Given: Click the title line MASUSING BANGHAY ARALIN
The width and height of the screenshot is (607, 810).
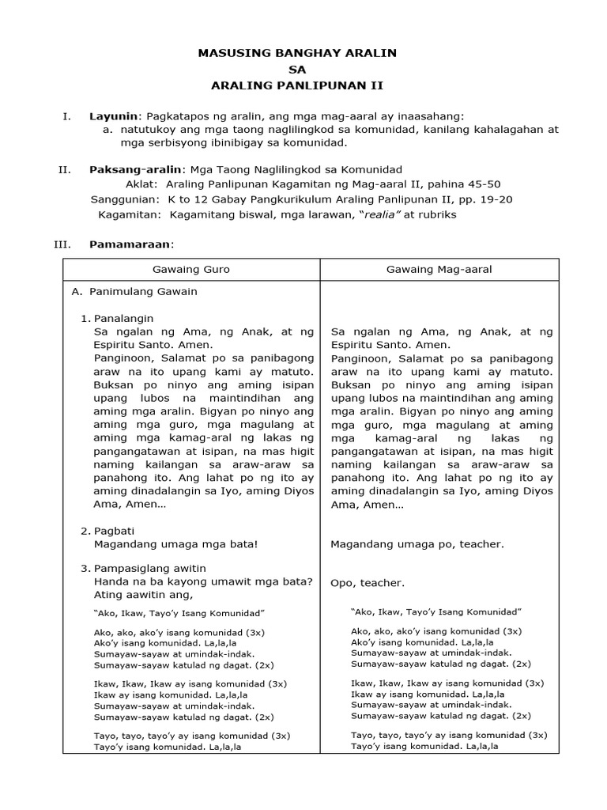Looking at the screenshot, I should click(x=296, y=53).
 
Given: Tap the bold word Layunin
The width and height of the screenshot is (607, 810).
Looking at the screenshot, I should click(x=113, y=116).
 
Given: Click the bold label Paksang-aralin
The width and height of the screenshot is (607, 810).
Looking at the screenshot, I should click(x=135, y=169).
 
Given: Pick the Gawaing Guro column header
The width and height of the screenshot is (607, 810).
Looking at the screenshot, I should click(x=190, y=270).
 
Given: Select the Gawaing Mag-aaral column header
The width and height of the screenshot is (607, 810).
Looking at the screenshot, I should click(x=439, y=270).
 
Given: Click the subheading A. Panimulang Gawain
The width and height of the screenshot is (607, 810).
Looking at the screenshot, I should click(x=134, y=291).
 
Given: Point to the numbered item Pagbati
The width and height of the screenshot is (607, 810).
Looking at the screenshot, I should click(x=114, y=530).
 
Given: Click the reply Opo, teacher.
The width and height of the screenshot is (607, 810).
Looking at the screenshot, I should click(x=368, y=583).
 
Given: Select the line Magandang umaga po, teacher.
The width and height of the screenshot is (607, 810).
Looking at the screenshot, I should click(x=417, y=544).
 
